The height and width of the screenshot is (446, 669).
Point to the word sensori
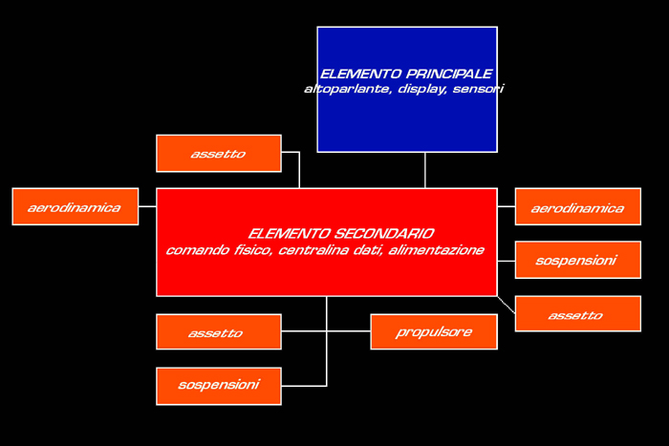[478, 89]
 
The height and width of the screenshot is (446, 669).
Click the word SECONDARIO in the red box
[383, 234]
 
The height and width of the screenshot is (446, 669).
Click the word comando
[198, 250]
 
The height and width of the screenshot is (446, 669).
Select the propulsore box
[434, 331]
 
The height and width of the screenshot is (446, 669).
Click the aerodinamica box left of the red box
[76, 207]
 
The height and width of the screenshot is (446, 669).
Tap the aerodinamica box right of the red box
[577, 207]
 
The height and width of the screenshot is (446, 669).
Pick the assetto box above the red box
[219, 154]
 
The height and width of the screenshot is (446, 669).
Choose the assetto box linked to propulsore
[219, 331]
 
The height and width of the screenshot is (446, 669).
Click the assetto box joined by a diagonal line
[577, 313]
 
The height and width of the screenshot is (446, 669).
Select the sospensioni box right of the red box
[577, 260]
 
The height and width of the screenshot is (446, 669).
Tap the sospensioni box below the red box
[219, 386]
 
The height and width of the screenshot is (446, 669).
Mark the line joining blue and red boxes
[425, 170]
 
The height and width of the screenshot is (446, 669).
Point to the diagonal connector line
[507, 305]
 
